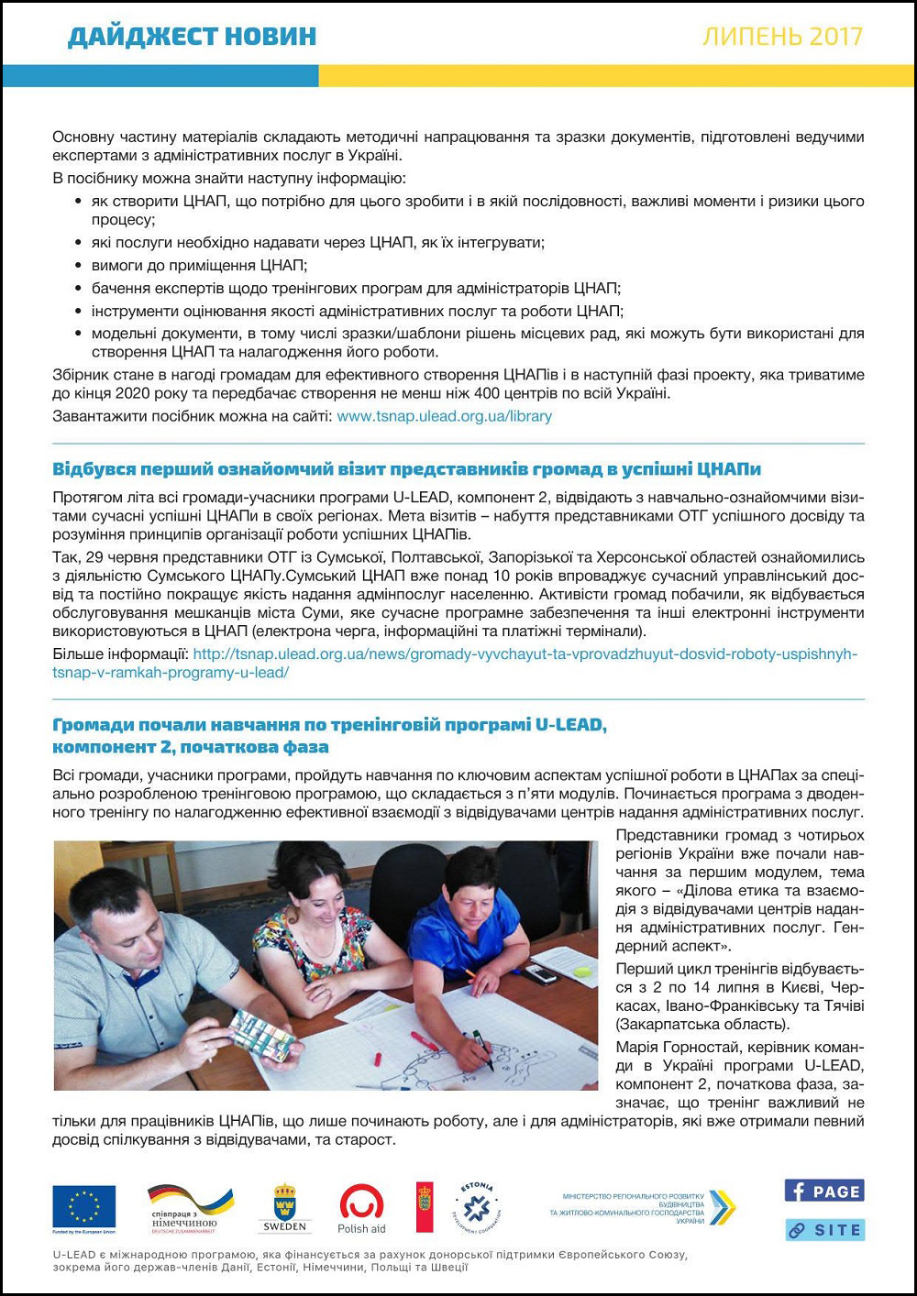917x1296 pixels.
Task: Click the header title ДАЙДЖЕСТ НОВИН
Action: (x=192, y=36)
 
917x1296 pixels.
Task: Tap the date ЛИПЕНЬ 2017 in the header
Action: (x=782, y=36)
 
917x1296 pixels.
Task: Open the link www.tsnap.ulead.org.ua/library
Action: (x=444, y=416)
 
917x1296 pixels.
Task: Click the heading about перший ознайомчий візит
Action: (x=406, y=469)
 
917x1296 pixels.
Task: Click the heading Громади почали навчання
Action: (x=329, y=735)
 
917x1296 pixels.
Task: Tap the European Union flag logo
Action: (x=83, y=1208)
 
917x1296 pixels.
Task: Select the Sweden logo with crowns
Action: (x=284, y=1208)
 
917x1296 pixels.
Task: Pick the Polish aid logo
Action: (x=361, y=1208)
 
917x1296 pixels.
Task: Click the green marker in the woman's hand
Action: (x=482, y=1049)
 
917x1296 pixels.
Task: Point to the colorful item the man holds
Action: (x=260, y=1034)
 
